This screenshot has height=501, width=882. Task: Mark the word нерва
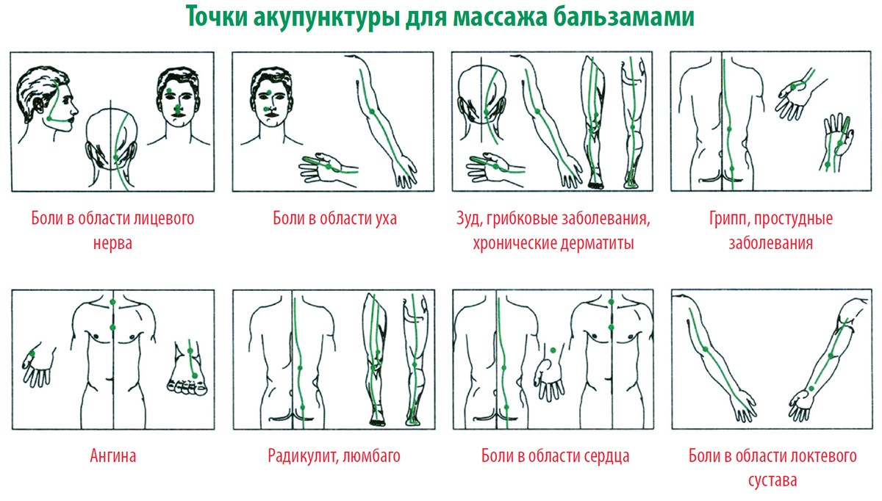(113, 243)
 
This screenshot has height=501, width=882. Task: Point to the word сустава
(772, 481)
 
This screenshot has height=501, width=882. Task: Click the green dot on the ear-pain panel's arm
(372, 111)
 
